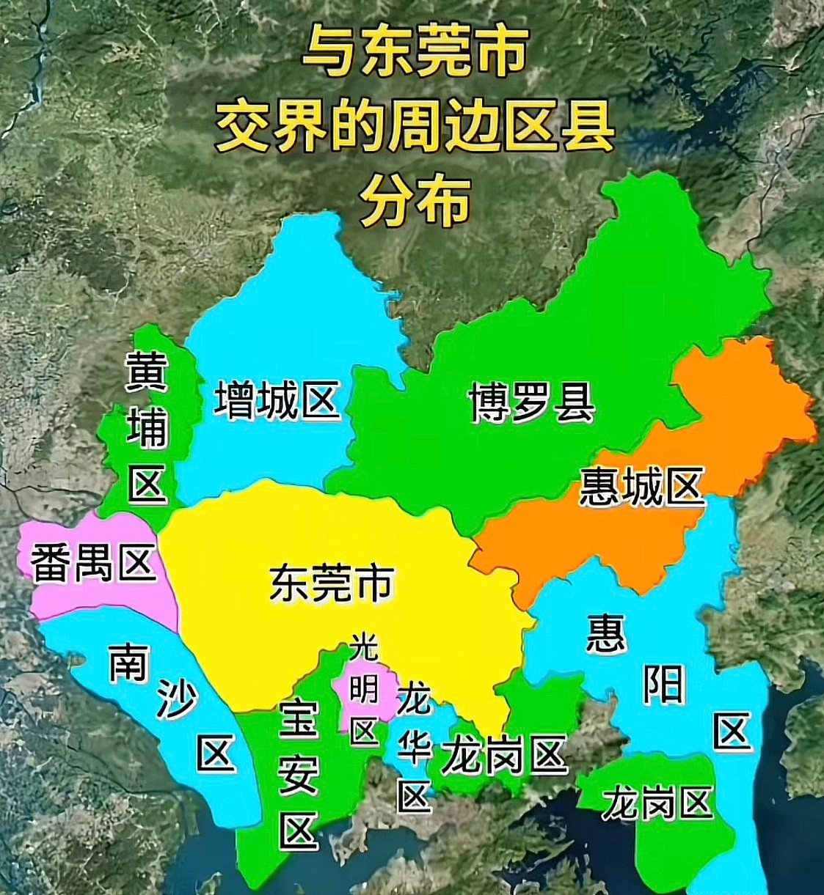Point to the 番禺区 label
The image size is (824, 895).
point(93,563)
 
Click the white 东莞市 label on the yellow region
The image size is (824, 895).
point(332,583)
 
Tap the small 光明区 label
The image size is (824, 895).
point(364,689)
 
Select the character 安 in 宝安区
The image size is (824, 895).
point(299,773)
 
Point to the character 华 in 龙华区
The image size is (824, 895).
point(413,748)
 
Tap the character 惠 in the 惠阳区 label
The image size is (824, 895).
point(606,633)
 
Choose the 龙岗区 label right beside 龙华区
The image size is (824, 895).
point(505,756)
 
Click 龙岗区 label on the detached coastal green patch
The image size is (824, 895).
point(657,803)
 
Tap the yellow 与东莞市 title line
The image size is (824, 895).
point(415,51)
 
